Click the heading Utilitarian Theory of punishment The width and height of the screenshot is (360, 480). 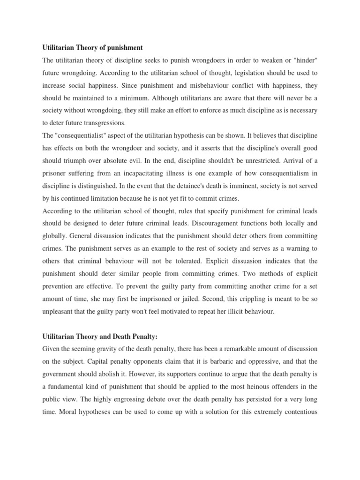tap(92, 48)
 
